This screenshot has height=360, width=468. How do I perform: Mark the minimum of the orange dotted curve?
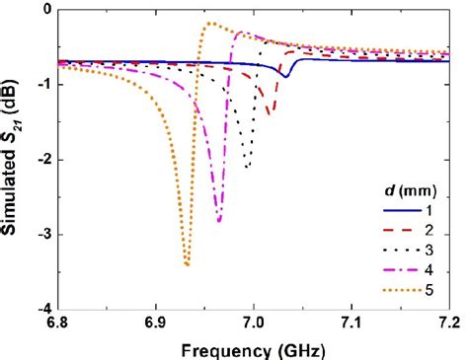click(x=187, y=264)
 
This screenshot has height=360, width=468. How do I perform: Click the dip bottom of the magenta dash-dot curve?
click(x=219, y=221)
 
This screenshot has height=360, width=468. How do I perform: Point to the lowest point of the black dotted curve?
click(x=247, y=167)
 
